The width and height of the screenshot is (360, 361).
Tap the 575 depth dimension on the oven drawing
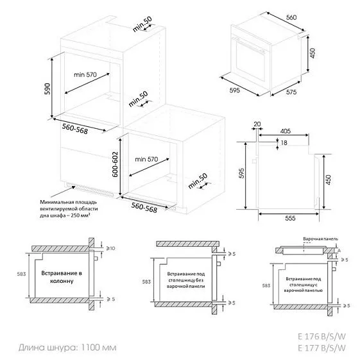pos(292,93)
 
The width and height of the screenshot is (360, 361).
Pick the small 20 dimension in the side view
pos(257,124)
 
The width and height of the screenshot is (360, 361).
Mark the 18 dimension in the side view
pos(284,144)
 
